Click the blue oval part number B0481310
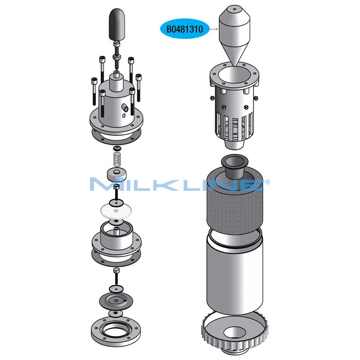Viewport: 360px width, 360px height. pos(184,29)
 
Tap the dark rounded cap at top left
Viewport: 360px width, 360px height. pos(117,24)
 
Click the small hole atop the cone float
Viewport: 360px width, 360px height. pos(234,9)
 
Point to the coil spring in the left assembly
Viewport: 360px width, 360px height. pos(117,159)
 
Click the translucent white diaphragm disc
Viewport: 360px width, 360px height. pos(116,211)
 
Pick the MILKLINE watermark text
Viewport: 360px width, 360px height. pos(180,184)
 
